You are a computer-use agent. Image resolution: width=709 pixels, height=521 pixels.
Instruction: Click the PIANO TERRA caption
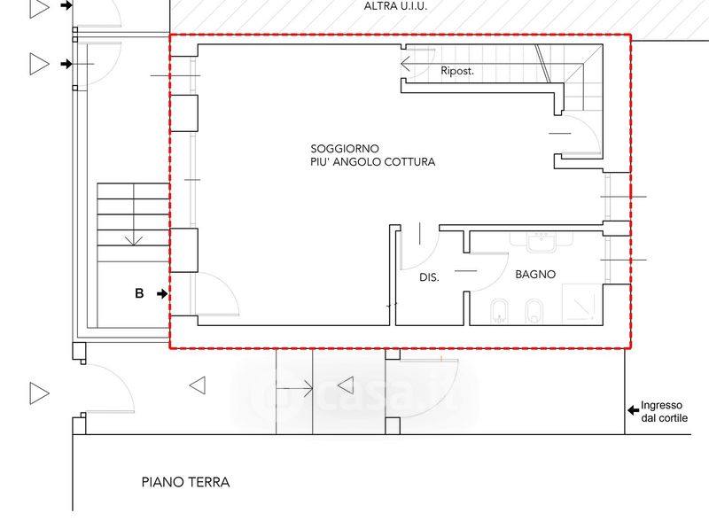(x=185, y=482)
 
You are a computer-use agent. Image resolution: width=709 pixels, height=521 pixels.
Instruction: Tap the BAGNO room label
(x=535, y=274)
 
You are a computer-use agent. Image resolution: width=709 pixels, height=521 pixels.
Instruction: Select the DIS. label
(x=429, y=277)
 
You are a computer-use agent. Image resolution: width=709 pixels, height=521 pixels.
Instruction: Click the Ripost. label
(x=457, y=71)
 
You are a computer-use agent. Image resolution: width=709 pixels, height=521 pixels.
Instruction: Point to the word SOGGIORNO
(x=345, y=148)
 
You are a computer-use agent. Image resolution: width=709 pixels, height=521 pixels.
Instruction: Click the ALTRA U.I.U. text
(x=395, y=6)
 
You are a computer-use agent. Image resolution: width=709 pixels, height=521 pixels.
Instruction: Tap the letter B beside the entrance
(x=139, y=293)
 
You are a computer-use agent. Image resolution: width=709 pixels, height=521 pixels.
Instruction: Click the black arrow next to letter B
(x=162, y=294)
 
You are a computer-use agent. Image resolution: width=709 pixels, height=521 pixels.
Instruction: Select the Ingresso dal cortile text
(x=664, y=411)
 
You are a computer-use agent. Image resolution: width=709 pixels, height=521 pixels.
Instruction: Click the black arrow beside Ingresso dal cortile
(x=633, y=410)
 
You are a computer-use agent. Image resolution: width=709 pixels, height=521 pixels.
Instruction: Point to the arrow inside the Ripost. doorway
(x=406, y=64)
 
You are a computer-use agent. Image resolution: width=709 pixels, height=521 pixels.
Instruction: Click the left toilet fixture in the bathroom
(x=499, y=312)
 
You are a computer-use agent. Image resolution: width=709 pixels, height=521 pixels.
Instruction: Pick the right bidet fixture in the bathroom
(x=534, y=312)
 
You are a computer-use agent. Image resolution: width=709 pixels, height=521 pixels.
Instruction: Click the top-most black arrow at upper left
(x=66, y=5)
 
